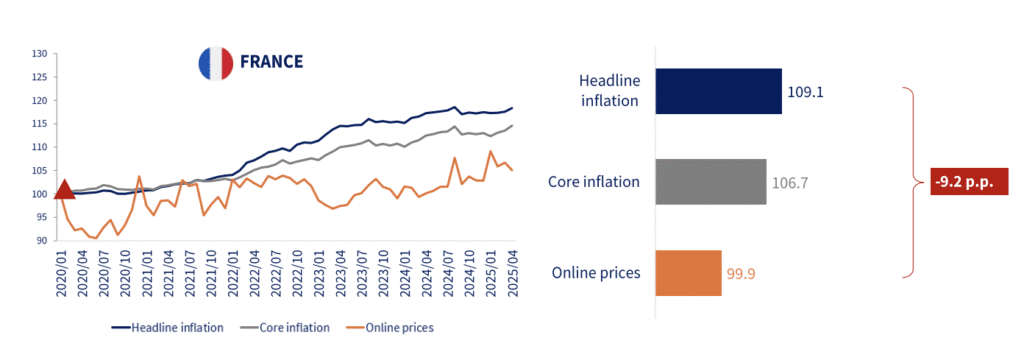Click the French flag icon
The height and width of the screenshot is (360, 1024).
tap(215, 62)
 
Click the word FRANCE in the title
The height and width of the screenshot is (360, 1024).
tap(271, 62)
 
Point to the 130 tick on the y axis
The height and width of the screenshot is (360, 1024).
tap(40, 53)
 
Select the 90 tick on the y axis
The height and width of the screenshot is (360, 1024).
tap(42, 240)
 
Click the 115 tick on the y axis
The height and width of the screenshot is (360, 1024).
tap(40, 123)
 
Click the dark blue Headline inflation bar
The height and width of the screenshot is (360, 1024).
tap(717, 91)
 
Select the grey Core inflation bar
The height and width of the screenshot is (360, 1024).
tap(710, 182)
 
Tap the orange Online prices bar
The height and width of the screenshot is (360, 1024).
tap(688, 273)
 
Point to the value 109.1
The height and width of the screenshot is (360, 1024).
tap(806, 92)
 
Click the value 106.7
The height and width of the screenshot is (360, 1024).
tap(791, 183)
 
